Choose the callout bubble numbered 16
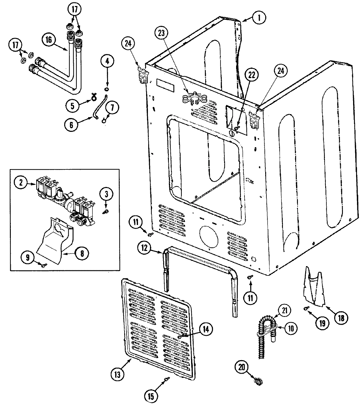coord(49,39)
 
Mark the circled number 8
coord(81,253)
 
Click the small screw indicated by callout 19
coord(305,308)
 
